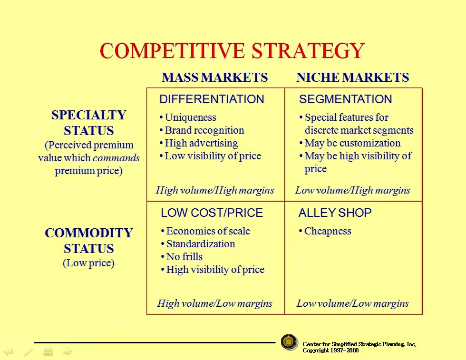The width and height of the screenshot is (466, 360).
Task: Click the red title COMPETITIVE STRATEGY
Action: coord(232,51)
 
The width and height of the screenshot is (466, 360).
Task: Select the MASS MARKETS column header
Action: coord(214,78)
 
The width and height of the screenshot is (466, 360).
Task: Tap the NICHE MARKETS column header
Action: coord(352,78)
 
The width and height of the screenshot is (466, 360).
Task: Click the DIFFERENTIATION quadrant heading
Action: coord(212,99)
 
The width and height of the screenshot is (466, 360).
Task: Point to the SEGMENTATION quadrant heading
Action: coord(345,99)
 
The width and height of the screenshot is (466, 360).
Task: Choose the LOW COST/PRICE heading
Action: coord(212,213)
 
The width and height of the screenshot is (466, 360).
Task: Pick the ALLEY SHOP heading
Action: coord(335,213)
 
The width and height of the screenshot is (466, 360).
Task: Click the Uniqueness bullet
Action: coord(188,117)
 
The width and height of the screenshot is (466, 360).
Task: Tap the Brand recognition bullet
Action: coord(202,130)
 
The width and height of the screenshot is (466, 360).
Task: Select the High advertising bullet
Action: coord(199,143)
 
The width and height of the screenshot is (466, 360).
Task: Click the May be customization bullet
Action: coord(350,143)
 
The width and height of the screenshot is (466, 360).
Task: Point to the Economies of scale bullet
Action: coord(205,231)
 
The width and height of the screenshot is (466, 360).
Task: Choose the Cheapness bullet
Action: coord(325,231)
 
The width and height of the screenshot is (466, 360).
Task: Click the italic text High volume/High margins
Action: coord(215,190)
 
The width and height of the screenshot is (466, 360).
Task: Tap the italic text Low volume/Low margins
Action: coord(352,303)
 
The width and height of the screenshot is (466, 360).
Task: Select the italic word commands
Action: coord(116,158)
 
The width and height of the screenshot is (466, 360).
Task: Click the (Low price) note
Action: coord(88,263)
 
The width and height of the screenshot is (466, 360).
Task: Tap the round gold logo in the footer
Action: coord(289,342)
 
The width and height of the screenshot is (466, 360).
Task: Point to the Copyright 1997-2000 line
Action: coord(330,350)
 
